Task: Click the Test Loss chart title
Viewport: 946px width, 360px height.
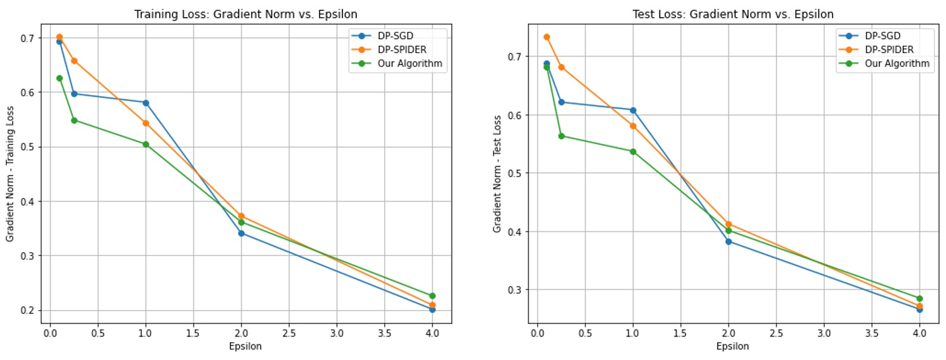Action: [733, 14]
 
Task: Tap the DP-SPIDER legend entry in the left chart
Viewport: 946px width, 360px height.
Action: [397, 49]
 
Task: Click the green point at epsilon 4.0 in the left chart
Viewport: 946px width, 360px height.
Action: [432, 296]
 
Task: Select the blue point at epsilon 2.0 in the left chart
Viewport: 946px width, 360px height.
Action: [241, 233]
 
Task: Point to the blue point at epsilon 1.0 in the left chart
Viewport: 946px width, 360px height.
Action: [146, 103]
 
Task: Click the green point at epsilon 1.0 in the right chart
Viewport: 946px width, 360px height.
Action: [633, 151]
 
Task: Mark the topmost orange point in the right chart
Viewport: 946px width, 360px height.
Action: [547, 37]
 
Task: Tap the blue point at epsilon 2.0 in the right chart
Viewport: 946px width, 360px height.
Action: [729, 241]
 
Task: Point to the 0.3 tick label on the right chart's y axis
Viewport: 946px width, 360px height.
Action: [515, 290]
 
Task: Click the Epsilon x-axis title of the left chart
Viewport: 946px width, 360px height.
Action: [245, 347]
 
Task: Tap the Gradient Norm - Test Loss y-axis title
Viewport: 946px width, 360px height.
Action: [498, 174]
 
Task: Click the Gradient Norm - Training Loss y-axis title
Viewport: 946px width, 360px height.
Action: [10, 174]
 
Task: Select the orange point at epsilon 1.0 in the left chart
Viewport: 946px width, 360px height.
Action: [146, 123]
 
